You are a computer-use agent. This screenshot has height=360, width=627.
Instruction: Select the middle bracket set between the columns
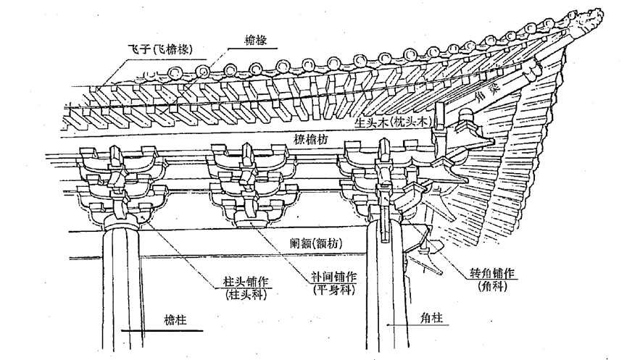[x=254, y=185]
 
